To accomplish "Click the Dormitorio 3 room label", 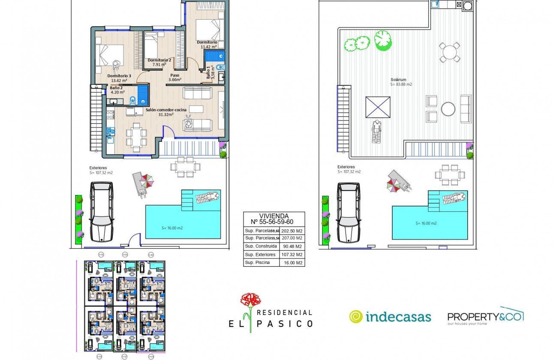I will point(119,75).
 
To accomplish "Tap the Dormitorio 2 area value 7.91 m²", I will point(159,65).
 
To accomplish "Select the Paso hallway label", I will point(174,75).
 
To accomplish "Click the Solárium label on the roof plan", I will point(398,80).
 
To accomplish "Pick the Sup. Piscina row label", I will point(257,263).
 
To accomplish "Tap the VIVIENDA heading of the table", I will point(274,216).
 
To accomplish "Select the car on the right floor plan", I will point(349,213).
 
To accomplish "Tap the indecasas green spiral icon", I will point(356,317).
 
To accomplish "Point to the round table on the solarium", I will point(448,109).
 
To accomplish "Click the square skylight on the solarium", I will point(378,107).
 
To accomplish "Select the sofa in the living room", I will point(197,125).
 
